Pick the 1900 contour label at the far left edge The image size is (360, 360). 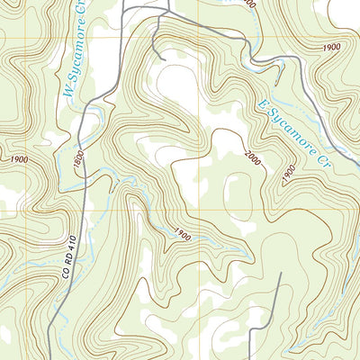click(17, 158)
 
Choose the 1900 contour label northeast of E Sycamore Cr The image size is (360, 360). click(330, 47)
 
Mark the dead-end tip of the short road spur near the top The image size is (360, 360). click(165, 59)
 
